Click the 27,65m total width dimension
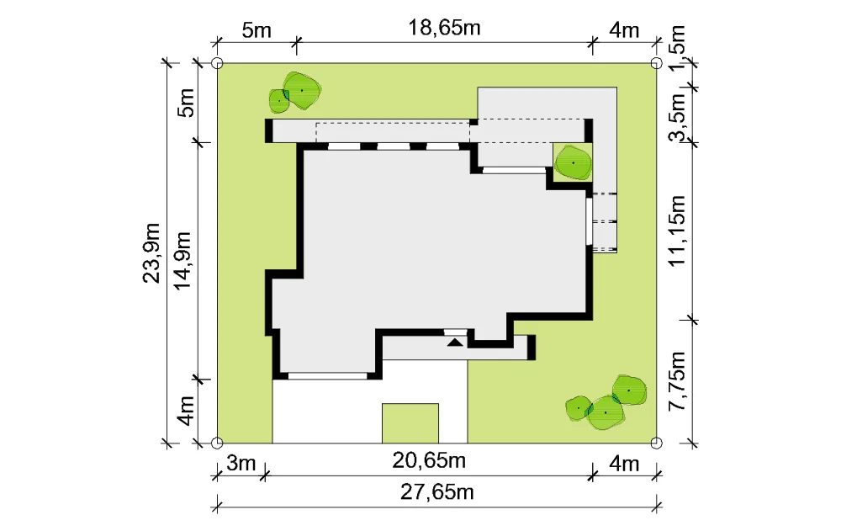[x=437, y=492]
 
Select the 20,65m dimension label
[x=429, y=460]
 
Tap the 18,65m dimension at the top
[x=444, y=28]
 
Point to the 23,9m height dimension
[x=151, y=252]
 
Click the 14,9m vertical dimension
[x=182, y=260]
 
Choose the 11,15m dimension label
[x=677, y=231]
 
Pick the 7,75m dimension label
[x=677, y=381]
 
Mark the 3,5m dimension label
[x=677, y=117]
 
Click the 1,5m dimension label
[x=677, y=47]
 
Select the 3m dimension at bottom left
[x=241, y=463]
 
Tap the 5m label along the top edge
[x=257, y=30]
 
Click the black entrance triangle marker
[x=455, y=342]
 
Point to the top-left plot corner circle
[x=217, y=63]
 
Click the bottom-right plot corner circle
[x=656, y=443]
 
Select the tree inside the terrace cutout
[x=573, y=162]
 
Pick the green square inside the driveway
[x=410, y=423]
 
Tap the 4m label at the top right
[x=624, y=30]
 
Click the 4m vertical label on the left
[x=185, y=411]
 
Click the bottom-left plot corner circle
[x=217, y=443]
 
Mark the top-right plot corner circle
[x=656, y=63]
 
